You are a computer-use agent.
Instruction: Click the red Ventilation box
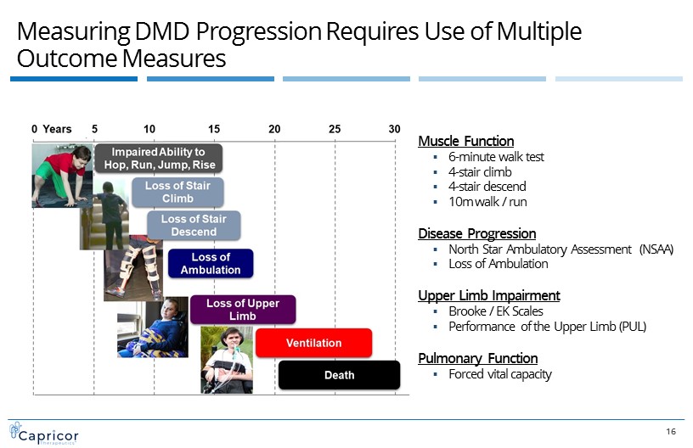point(313,343)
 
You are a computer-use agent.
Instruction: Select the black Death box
point(339,375)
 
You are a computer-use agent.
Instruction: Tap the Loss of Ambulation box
point(210,264)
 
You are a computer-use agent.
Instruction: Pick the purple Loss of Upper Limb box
point(243,310)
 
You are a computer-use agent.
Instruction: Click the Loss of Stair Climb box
point(177,192)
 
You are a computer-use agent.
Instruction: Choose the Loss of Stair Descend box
point(194,226)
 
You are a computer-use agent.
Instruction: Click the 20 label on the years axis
point(274,129)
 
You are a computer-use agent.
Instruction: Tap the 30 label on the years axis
point(395,129)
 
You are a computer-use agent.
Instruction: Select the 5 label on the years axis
point(94,129)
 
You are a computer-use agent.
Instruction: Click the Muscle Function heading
point(466,141)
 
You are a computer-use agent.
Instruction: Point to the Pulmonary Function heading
point(478,358)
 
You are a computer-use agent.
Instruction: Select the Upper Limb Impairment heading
point(489,295)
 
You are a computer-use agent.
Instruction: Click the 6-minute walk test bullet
point(496,157)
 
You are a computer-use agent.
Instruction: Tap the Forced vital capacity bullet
point(500,374)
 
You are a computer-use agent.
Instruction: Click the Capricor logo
point(44,432)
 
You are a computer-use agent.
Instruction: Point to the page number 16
point(671,432)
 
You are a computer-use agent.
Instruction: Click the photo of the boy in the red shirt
point(61,176)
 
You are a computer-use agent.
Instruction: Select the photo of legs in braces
point(133,267)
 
